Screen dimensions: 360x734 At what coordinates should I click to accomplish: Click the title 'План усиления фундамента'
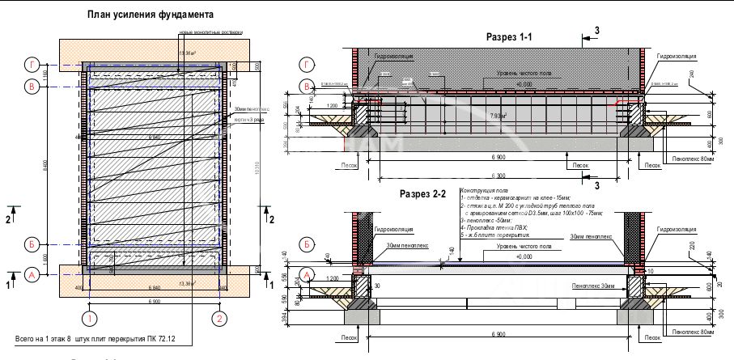click(150, 15)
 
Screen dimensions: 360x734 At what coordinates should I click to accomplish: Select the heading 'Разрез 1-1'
click(509, 37)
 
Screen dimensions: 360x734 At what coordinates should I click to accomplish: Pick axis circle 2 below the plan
click(218, 316)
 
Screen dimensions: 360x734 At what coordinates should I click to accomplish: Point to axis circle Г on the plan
click(32, 64)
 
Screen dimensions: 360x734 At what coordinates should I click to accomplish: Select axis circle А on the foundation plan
click(32, 275)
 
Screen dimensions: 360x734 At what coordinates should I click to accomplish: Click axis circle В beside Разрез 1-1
click(306, 87)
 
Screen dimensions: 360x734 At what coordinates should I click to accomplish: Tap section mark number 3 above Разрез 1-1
click(596, 31)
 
